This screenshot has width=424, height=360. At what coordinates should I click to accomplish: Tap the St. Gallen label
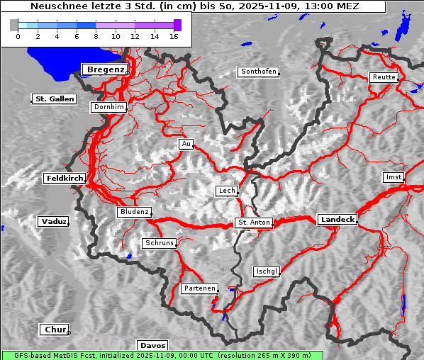pos(54,99)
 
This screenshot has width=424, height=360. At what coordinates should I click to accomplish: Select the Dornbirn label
pos(109,107)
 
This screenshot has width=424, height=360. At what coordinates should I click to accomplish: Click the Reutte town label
pos(383,77)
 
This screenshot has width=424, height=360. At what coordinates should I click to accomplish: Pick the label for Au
pos(186,144)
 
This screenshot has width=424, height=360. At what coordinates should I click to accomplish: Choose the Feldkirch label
pos(65,179)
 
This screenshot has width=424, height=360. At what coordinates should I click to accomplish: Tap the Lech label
pos(227,191)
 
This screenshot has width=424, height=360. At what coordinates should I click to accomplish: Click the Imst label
pos(392,176)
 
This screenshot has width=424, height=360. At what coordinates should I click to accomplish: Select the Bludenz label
pos(134,212)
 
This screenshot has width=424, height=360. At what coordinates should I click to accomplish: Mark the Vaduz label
pos(53,222)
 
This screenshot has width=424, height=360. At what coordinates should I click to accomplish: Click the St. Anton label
pos(253,223)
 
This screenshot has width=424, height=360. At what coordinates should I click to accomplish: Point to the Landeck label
pos(337,220)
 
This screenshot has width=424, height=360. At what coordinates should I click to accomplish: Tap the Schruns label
pos(159,243)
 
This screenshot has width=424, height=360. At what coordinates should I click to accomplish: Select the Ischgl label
pos(267,271)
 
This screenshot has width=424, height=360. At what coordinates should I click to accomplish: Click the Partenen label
pos(199,288)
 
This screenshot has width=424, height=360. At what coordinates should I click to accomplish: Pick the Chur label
pos(55,330)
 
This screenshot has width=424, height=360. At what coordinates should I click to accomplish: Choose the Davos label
pos(152,346)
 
